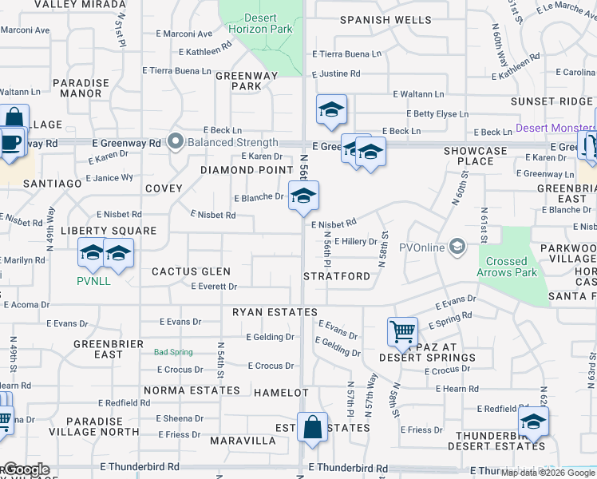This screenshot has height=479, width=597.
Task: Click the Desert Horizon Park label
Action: click(267, 23)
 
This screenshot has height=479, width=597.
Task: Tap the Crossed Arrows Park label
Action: click(507, 267)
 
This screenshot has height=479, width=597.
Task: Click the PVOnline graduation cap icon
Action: click(457, 247)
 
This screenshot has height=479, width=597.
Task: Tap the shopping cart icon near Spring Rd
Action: click(402, 331)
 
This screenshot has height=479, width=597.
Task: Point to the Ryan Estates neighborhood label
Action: click(275, 312)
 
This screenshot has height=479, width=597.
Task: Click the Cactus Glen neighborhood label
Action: click(191, 271)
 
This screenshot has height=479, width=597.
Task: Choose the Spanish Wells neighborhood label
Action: click(375, 19)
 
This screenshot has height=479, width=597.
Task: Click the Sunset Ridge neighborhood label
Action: click(552, 101)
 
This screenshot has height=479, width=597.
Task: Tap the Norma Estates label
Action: click(192, 390)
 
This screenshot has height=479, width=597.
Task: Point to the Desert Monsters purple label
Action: click(555, 128)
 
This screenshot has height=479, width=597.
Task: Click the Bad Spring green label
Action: click(173, 352)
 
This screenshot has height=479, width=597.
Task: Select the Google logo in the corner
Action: click(26, 469)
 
